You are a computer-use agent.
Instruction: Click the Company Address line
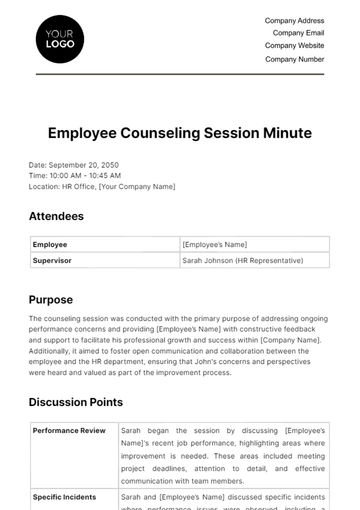(x=294, y=20)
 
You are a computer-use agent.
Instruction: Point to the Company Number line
(x=295, y=59)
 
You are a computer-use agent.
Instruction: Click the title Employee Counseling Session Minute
(x=179, y=132)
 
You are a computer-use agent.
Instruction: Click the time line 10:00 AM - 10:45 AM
(x=75, y=175)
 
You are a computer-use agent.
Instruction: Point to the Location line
(x=102, y=186)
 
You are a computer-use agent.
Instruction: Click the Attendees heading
(x=56, y=216)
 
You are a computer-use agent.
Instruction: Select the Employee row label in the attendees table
(x=50, y=244)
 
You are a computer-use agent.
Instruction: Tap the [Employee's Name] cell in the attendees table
(x=214, y=244)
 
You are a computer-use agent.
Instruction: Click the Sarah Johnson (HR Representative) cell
(x=242, y=260)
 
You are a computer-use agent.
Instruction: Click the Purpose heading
(x=51, y=299)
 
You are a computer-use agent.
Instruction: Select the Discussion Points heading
(x=76, y=402)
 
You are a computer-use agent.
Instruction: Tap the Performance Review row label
(x=69, y=431)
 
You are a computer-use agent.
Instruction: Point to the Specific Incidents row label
(x=65, y=496)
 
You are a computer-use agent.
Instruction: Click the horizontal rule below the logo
(x=180, y=75)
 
